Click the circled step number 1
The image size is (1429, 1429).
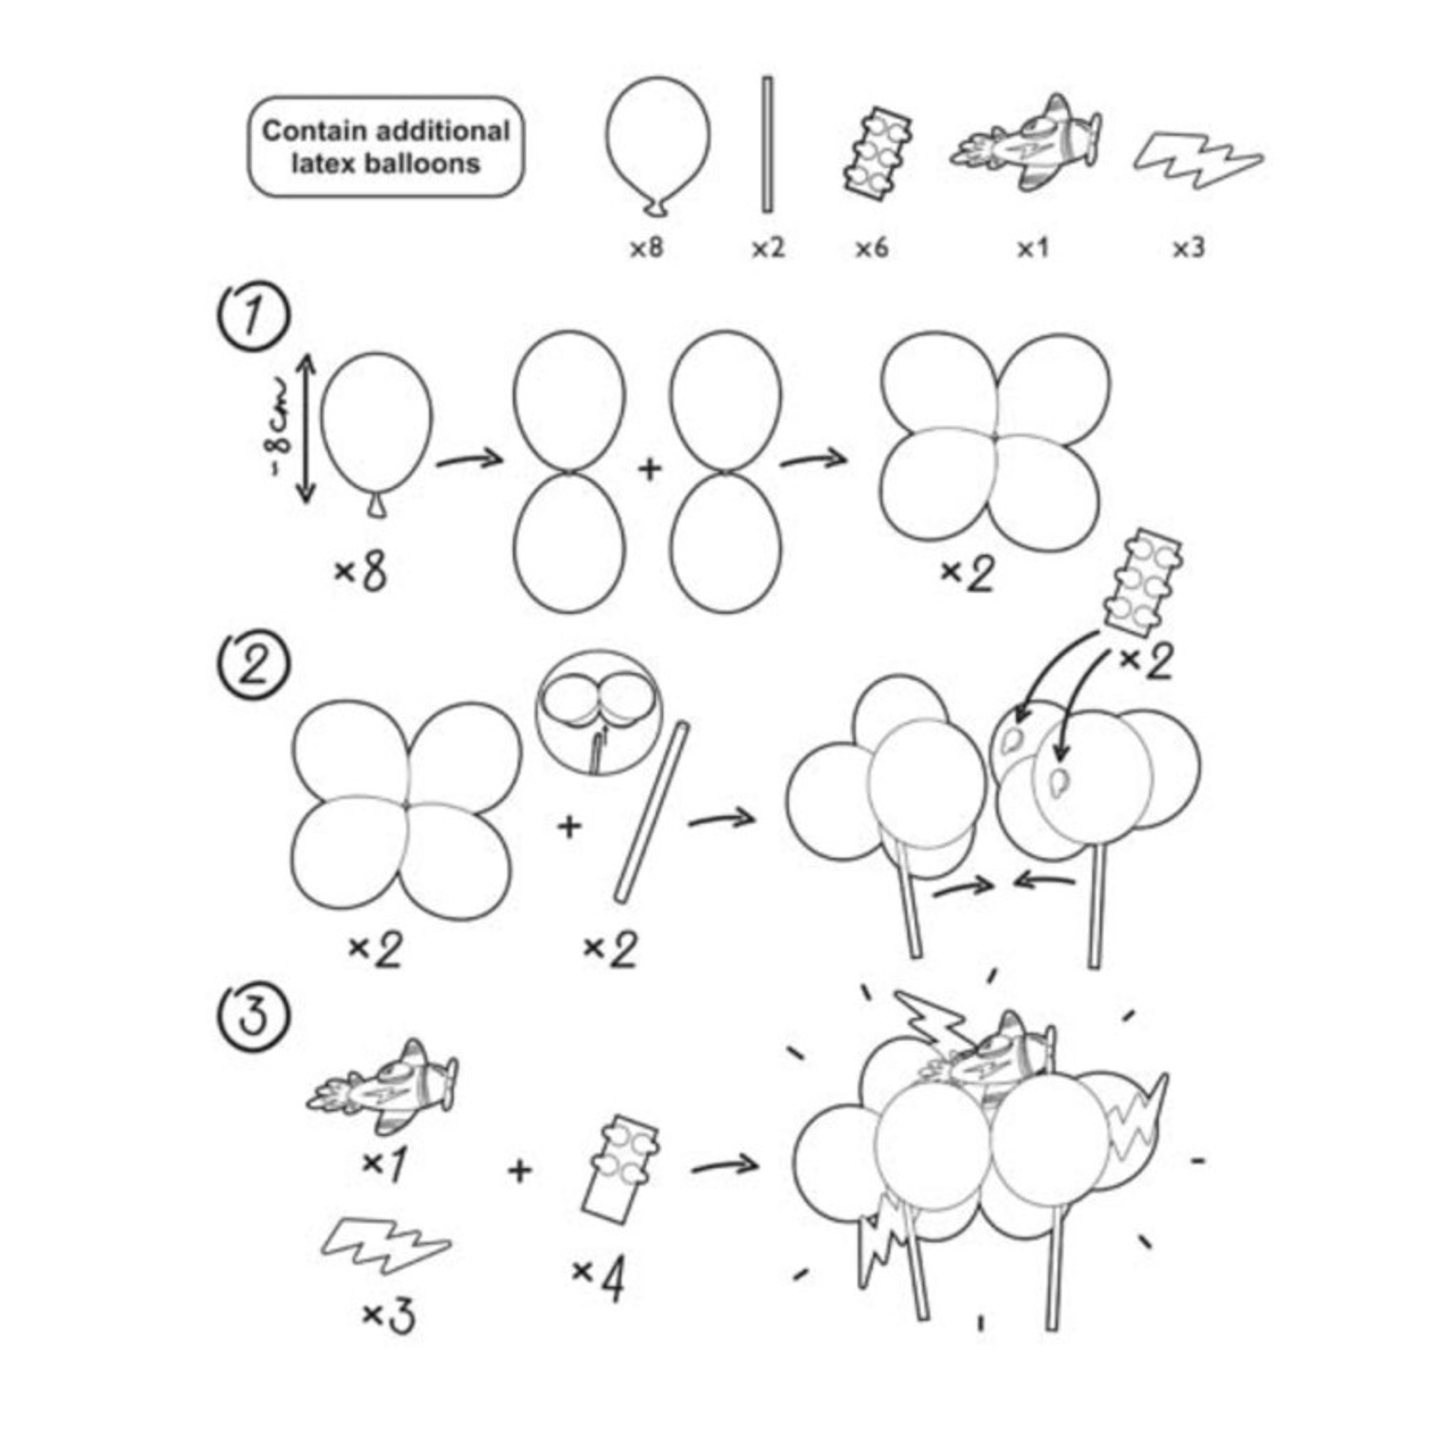point(253,318)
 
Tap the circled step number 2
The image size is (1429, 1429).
point(253,666)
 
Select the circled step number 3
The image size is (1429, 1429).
point(253,1015)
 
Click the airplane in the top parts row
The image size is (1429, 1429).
point(1026,143)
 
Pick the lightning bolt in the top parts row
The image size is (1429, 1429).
point(1198,160)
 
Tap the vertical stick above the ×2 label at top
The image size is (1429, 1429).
point(768,145)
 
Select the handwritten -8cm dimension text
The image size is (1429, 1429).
point(282,429)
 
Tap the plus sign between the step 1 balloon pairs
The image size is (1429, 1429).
point(650,467)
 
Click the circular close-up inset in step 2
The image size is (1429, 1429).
point(599,713)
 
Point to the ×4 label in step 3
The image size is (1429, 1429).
point(598,1281)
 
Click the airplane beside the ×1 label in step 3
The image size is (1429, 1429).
point(382,1086)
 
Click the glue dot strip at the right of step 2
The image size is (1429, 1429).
point(1142,581)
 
